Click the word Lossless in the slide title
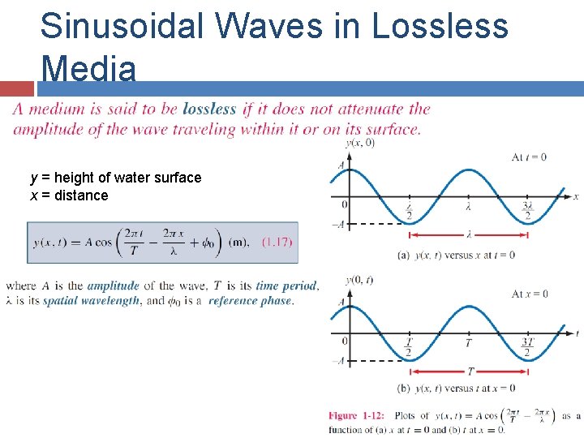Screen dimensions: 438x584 point(440,26)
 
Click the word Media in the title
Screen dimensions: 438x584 point(88,68)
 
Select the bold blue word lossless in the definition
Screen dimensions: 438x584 point(209,109)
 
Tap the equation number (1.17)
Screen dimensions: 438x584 point(277,242)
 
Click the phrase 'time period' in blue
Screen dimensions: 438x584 point(286,286)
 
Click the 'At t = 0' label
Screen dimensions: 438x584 point(529,157)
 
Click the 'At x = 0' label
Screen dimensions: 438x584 point(530,294)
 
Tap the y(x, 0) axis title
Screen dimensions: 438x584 point(359,144)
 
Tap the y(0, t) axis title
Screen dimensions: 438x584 point(359,280)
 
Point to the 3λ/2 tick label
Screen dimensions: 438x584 point(528,211)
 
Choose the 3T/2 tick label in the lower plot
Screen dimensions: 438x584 point(528,347)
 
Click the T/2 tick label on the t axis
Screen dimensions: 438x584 point(408,347)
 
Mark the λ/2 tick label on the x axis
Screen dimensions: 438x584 point(409,211)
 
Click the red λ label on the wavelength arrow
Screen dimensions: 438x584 point(469,234)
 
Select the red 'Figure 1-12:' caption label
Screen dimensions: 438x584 point(356,416)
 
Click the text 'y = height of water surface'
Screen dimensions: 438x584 point(115,178)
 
